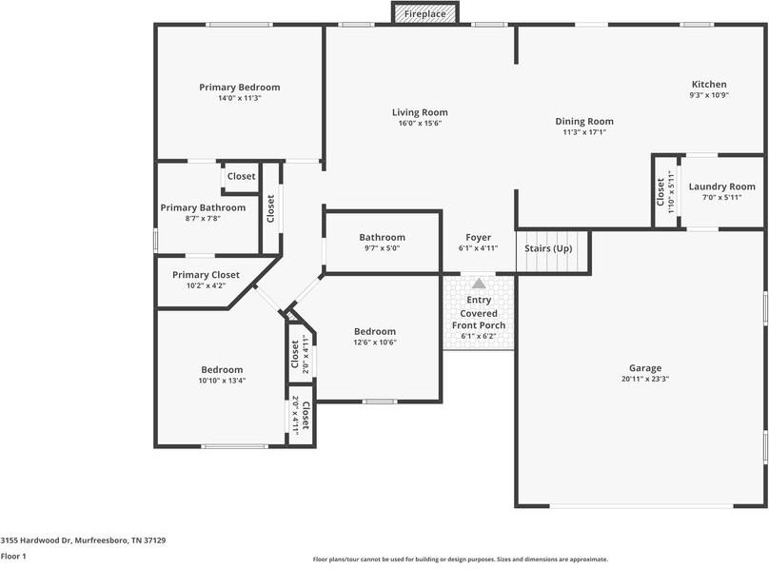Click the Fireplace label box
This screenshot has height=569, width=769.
(425, 14)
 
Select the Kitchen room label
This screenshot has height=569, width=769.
(708, 85)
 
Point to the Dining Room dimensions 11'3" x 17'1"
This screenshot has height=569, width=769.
(583, 132)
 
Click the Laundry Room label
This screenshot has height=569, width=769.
(721, 186)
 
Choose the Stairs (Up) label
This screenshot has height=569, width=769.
(549, 248)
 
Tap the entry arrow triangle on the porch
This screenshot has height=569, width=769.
(479, 284)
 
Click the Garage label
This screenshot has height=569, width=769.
(644, 368)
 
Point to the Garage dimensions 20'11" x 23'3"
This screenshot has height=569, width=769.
(644, 379)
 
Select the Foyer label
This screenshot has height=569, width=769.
(478, 237)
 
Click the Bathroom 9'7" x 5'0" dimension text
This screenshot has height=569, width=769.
(382, 247)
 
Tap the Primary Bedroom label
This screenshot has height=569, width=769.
(239, 88)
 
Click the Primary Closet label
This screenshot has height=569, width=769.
(206, 274)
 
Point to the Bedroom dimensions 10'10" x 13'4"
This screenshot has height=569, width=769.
(222, 381)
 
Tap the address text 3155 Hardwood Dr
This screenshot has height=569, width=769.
(83, 540)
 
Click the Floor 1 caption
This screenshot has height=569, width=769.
(13, 556)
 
